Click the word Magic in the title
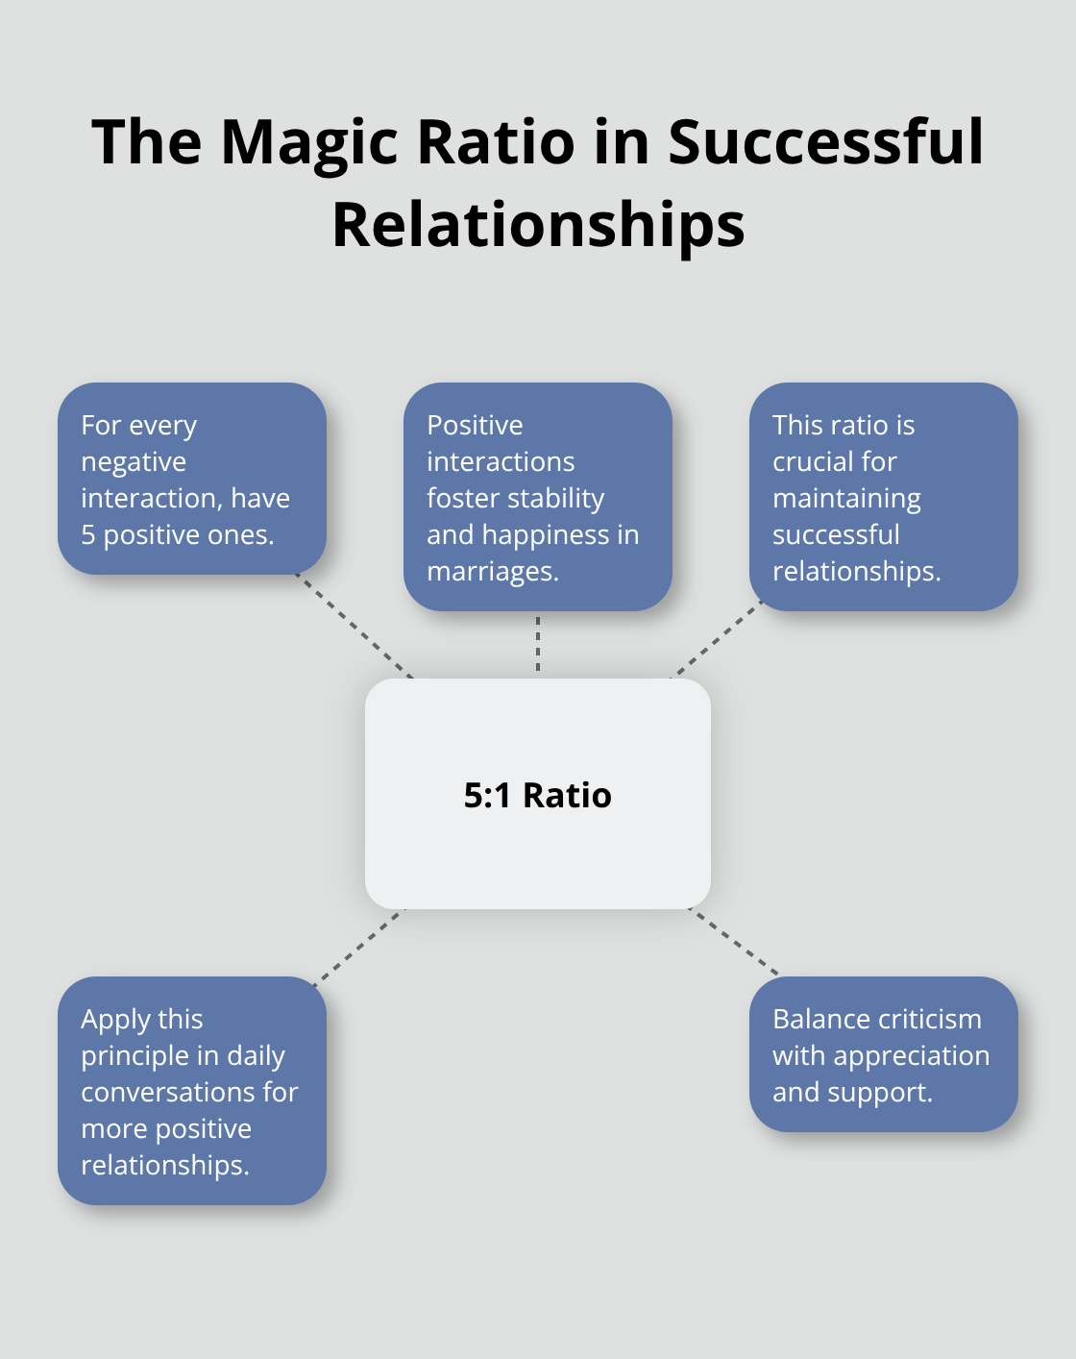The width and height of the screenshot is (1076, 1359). coord(308,142)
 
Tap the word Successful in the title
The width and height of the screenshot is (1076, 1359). coord(825,142)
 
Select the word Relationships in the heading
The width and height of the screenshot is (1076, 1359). coord(538,225)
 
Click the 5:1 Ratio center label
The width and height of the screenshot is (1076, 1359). coord(538,796)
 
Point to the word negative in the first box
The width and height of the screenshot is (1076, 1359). coord(134,462)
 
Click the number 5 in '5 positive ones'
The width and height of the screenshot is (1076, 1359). coord(87,535)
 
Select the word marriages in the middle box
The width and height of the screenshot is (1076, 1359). coord(491,572)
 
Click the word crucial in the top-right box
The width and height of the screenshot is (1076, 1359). coord(814,462)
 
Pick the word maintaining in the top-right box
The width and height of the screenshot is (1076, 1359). coord(846,499)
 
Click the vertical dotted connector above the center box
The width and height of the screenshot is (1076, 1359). coord(538,644)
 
